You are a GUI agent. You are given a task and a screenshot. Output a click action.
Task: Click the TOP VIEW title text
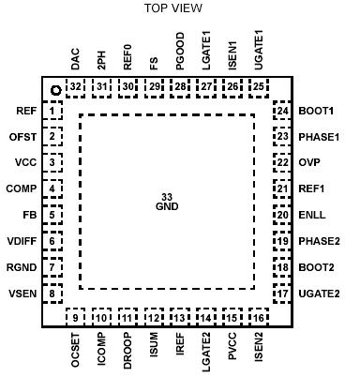[173, 8]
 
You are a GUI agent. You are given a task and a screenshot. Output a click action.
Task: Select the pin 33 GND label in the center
[168, 202]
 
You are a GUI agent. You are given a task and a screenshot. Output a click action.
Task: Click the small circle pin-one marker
[55, 89]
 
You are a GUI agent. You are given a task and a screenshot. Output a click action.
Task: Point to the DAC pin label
[75, 62]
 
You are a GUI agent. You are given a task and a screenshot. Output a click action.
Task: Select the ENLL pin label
[312, 215]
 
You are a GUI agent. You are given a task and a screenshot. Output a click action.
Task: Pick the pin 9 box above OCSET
[75, 318]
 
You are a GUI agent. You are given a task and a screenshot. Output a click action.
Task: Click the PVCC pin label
[231, 347]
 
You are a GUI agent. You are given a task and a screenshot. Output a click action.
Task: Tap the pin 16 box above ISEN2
[258, 318]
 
